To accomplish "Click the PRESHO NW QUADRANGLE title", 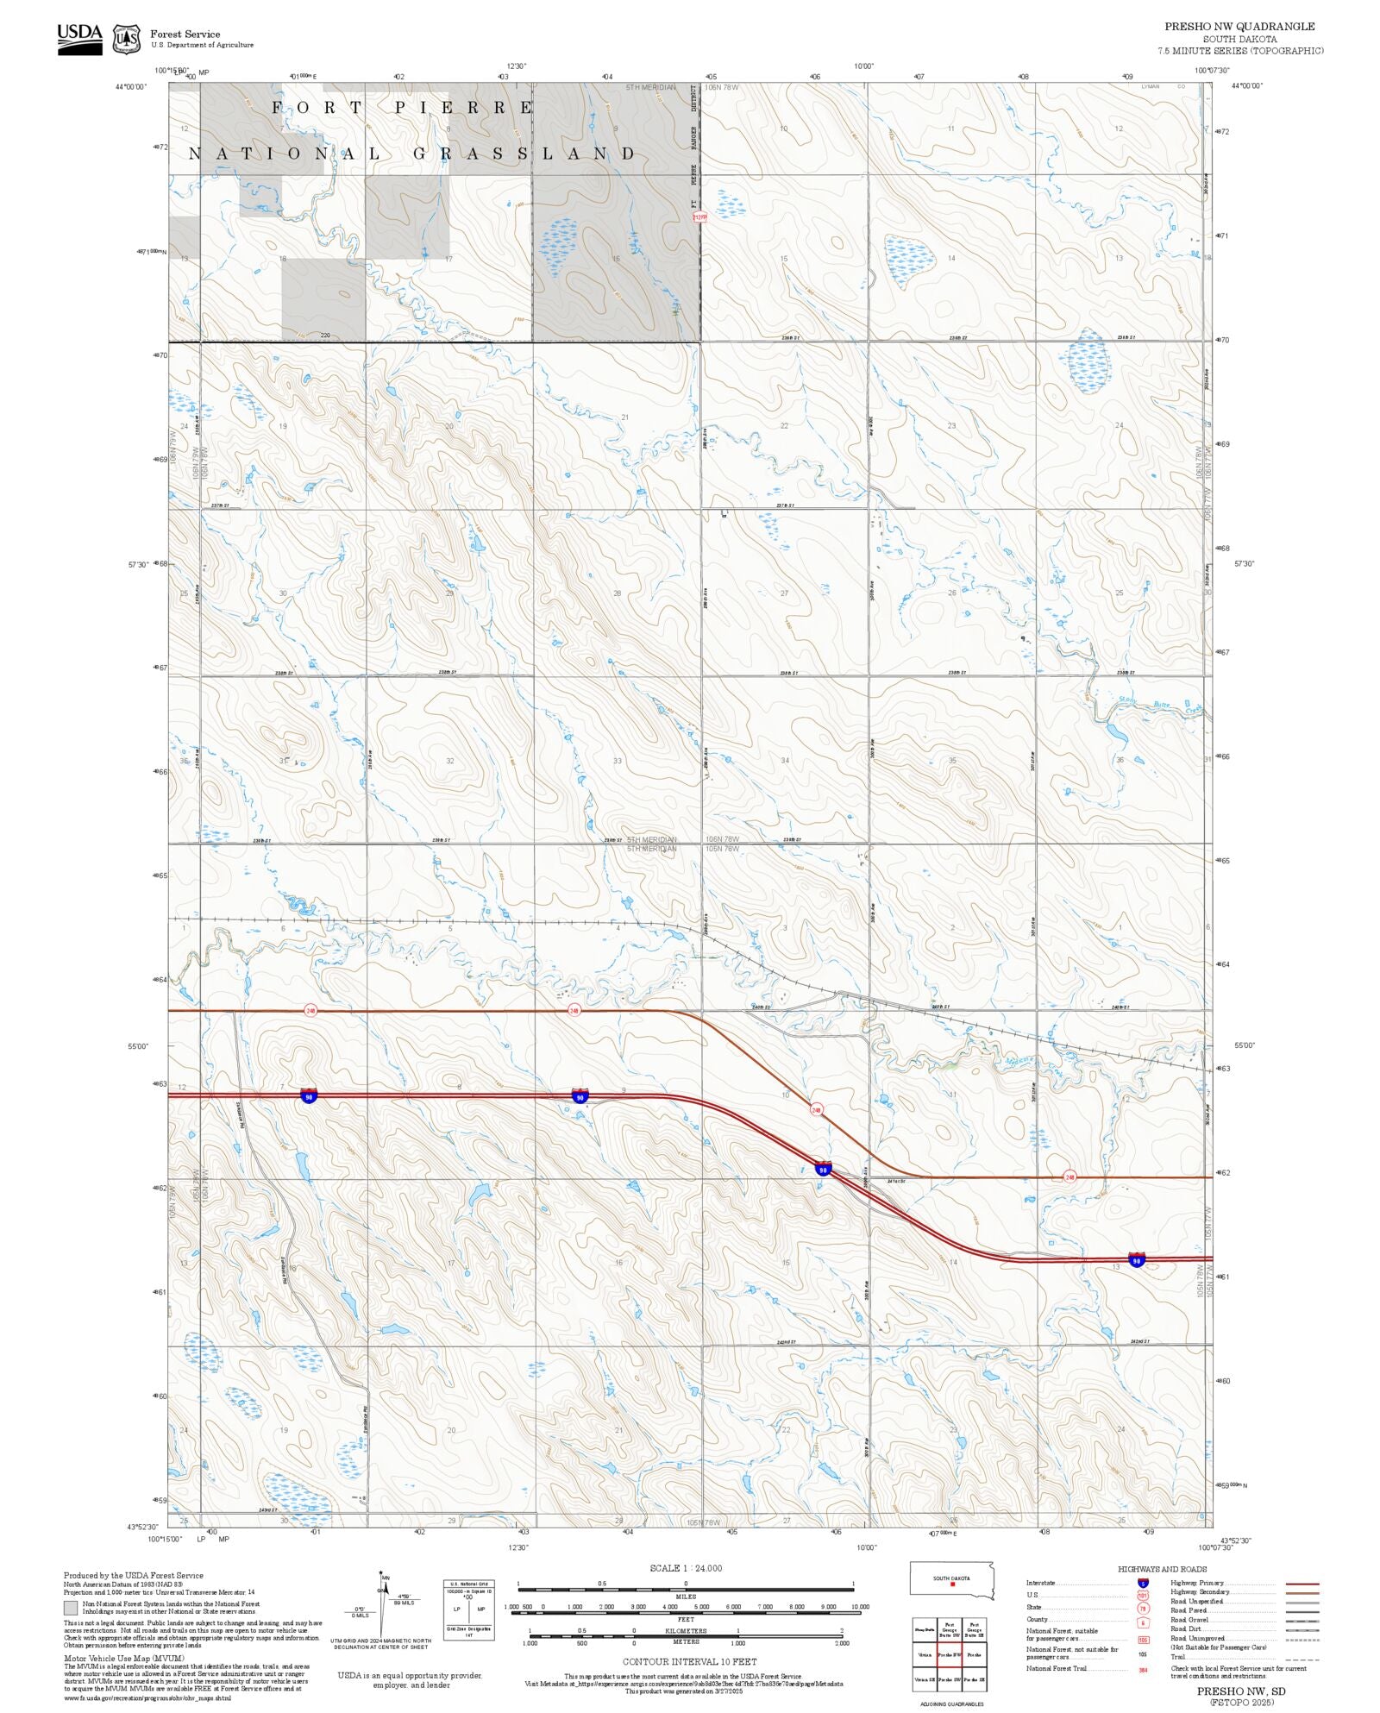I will click(1239, 27).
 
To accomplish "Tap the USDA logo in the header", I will click(79, 39).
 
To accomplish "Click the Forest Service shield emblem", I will click(127, 39).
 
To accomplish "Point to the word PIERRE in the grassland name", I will click(464, 108).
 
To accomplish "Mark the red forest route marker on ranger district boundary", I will click(699, 217).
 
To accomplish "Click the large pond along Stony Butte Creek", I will click(1116, 733).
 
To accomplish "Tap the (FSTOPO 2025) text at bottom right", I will click(1240, 1702).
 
